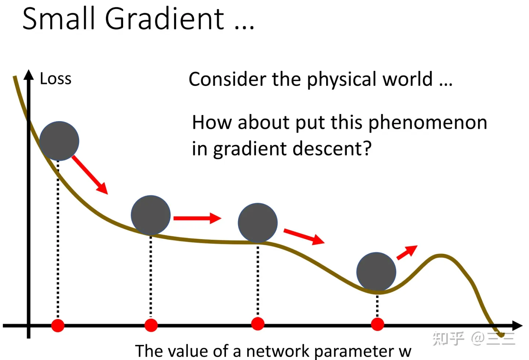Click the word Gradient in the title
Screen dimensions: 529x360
[164, 18]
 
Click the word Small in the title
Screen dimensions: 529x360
[58, 18]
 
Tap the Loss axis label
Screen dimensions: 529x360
[55, 78]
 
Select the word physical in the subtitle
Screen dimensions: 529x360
[342, 80]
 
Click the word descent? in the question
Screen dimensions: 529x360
[332, 149]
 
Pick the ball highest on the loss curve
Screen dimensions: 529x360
[59, 141]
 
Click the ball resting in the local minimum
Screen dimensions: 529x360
[376, 272]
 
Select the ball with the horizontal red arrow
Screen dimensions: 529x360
[151, 215]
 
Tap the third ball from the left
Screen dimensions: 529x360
[258, 223]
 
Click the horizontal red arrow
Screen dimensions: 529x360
[197, 218]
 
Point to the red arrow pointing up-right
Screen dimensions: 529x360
[407, 252]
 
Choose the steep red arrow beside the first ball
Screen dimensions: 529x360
[90, 175]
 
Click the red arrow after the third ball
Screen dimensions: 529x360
[304, 236]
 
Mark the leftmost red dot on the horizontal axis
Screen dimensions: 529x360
[58, 325]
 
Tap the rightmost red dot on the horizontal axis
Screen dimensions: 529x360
[377, 324]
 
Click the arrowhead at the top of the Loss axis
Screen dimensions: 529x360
[29, 75]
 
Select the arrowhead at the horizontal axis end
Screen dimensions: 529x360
[517, 325]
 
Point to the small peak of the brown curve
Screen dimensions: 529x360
[441, 256]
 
